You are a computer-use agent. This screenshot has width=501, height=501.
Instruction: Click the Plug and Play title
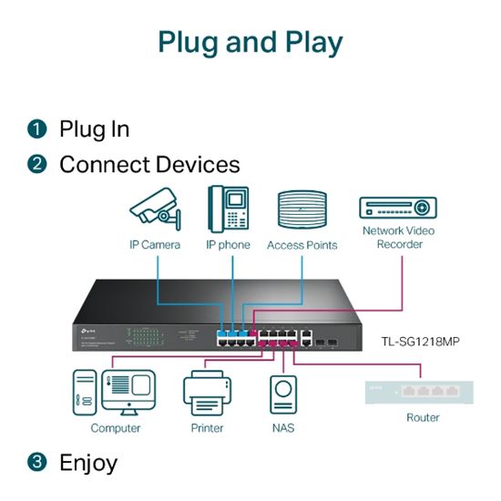pyautogui.click(x=250, y=42)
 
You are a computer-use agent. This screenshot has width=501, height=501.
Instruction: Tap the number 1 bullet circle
pyautogui.click(x=36, y=128)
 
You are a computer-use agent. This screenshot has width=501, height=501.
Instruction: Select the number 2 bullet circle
pyautogui.click(x=36, y=165)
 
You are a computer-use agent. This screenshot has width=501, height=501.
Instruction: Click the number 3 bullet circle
pyautogui.click(x=36, y=463)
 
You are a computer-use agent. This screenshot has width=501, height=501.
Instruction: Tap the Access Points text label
pyautogui.click(x=302, y=245)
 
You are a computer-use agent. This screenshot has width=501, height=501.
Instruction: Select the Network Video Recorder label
pyautogui.click(x=398, y=237)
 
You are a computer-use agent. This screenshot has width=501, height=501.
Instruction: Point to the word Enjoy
pyautogui.click(x=88, y=463)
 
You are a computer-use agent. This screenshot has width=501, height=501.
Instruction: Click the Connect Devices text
pyautogui.click(x=149, y=165)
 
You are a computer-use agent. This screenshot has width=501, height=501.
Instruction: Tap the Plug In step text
pyautogui.click(x=95, y=128)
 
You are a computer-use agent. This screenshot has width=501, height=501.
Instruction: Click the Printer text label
pyautogui.click(x=207, y=428)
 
